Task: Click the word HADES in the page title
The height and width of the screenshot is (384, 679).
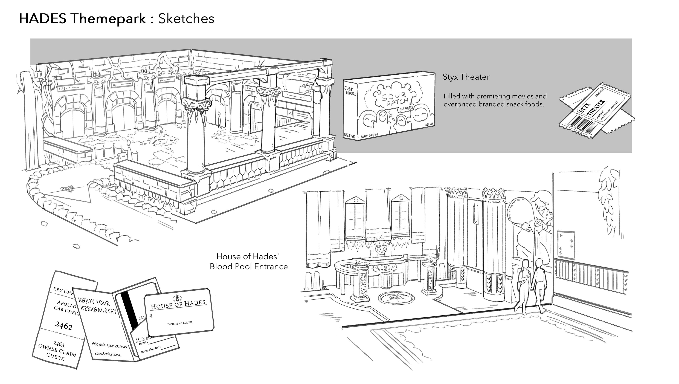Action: [42, 19]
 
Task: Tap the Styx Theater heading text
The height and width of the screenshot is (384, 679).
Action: [466, 77]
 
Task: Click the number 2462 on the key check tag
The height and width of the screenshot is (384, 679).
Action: [63, 326]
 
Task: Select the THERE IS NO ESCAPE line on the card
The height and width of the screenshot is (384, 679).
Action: [180, 323]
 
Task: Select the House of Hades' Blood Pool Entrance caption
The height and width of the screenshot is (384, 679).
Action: [249, 261]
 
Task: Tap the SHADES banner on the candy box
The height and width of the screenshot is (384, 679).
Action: [405, 109]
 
